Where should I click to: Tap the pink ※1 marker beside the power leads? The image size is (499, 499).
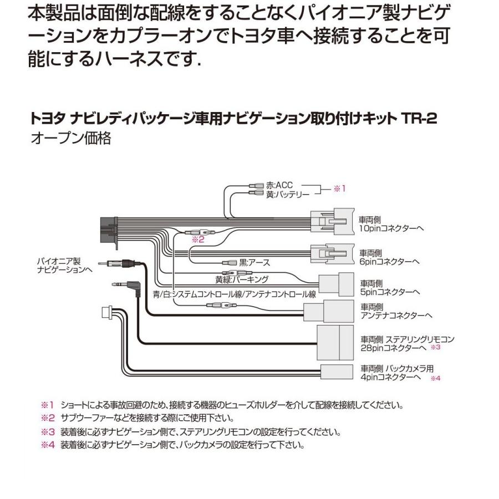(x=339, y=189)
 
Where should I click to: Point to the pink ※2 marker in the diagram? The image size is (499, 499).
(x=198, y=240)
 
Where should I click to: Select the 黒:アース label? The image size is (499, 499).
(x=254, y=262)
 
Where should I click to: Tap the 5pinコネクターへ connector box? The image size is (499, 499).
(x=336, y=286)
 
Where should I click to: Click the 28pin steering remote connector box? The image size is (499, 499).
(x=335, y=342)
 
